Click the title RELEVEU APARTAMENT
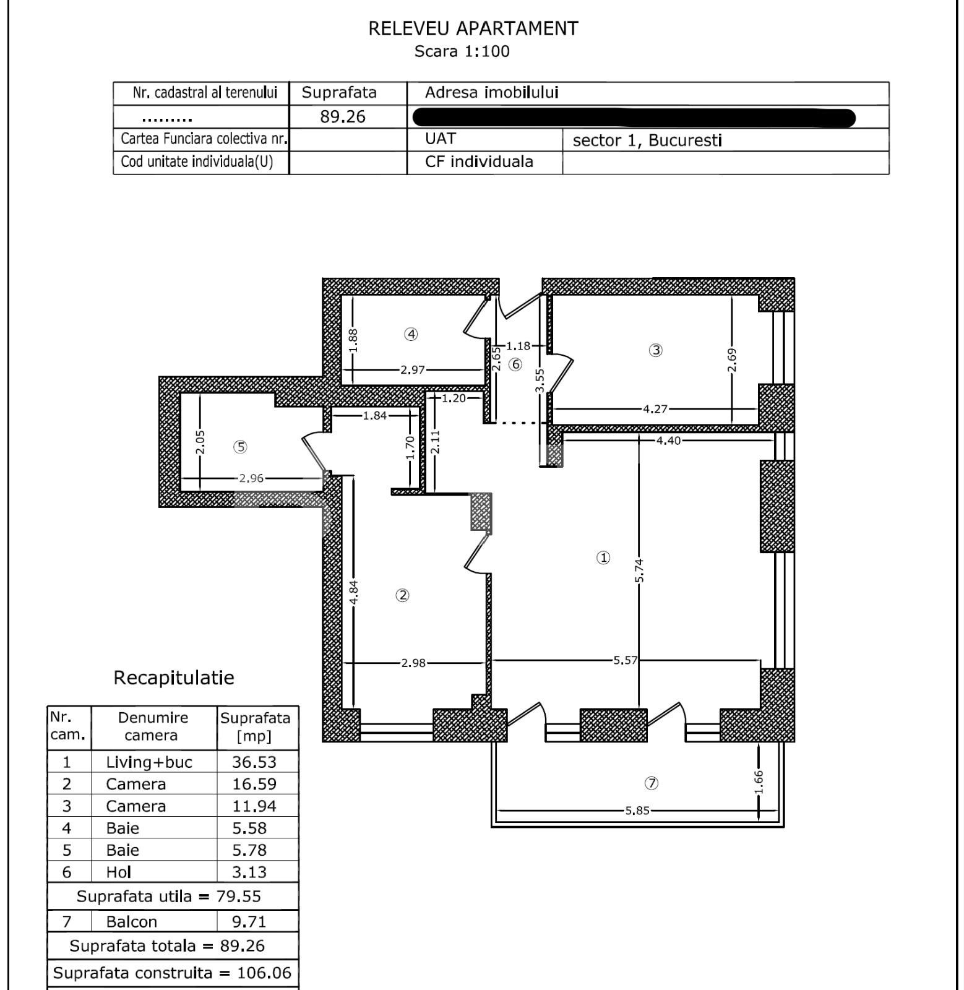(473, 28)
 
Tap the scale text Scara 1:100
(462, 51)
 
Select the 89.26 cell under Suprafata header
(343, 117)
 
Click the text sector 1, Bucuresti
(647, 140)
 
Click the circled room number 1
(603, 557)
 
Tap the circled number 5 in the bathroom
(240, 447)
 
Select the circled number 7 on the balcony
(651, 783)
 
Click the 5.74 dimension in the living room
(640, 570)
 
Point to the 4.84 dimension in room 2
(353, 592)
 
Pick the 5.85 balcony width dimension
(637, 811)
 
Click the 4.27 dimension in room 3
(655, 409)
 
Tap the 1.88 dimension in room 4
(353, 340)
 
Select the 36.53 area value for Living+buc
(254, 762)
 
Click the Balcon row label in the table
(131, 922)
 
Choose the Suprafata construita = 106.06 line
(172, 973)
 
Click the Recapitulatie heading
(174, 678)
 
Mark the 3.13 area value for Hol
(249, 872)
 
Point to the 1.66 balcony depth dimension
(759, 781)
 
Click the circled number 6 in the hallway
(515, 364)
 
